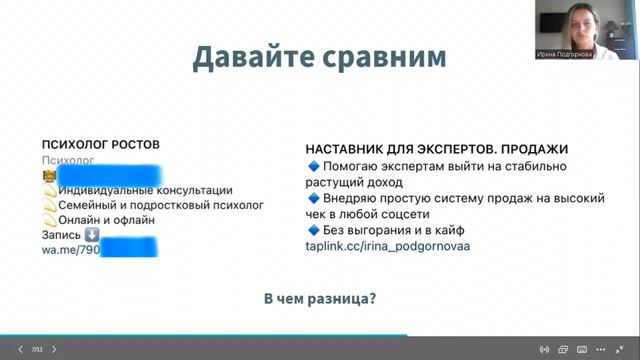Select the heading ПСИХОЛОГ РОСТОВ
click(x=100, y=145)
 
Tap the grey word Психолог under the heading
click(x=67, y=160)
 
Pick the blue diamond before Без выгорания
click(x=312, y=231)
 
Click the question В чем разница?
click(x=319, y=298)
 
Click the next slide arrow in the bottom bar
click(x=54, y=350)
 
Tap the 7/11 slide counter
click(x=36, y=350)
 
